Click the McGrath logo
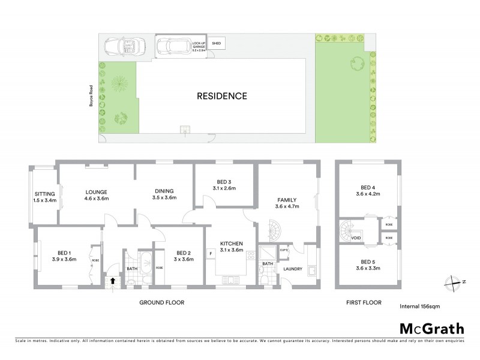[431, 328]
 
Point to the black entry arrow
[112, 280]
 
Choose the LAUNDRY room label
[293, 269]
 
